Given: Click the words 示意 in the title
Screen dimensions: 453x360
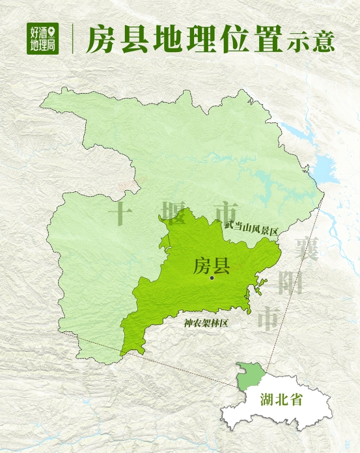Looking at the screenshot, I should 309,41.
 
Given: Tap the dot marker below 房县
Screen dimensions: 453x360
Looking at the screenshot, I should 212,279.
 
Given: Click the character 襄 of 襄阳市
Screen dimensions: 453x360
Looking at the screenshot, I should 305,248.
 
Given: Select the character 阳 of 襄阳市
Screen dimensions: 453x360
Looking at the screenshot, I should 289,282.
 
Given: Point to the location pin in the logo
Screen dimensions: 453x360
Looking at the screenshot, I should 53,29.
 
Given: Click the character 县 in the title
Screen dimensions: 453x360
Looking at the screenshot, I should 134,40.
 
